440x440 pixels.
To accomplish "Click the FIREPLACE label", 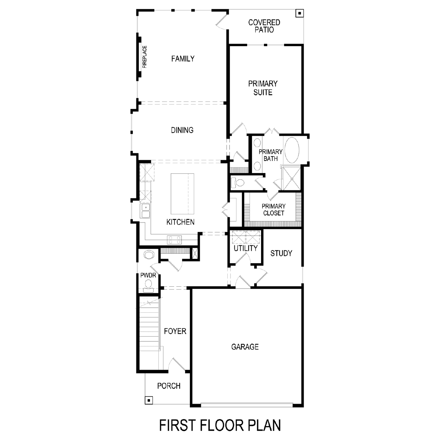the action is (x=144, y=57).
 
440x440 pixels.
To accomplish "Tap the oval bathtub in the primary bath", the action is (x=292, y=150).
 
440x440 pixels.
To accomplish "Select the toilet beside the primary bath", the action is (x=238, y=183).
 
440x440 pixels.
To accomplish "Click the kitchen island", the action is (x=183, y=194).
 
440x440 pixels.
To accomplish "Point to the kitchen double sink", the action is (x=146, y=211).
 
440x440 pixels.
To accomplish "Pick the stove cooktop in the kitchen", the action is (x=174, y=240).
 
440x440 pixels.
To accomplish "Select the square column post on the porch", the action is (x=148, y=400).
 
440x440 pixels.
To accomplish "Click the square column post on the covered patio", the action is (x=300, y=13).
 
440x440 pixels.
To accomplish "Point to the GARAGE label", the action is (x=245, y=347).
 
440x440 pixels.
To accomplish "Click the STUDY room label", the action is (x=281, y=253).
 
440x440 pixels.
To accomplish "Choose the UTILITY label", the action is (x=245, y=248).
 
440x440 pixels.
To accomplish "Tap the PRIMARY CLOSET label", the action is (x=274, y=210).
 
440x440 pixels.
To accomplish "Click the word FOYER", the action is (x=175, y=331).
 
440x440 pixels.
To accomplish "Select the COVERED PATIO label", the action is (x=264, y=26).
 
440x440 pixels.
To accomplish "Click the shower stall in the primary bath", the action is (x=292, y=178).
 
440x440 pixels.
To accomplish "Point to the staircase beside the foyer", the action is (x=149, y=333).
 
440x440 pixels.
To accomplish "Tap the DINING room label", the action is (x=182, y=130).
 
